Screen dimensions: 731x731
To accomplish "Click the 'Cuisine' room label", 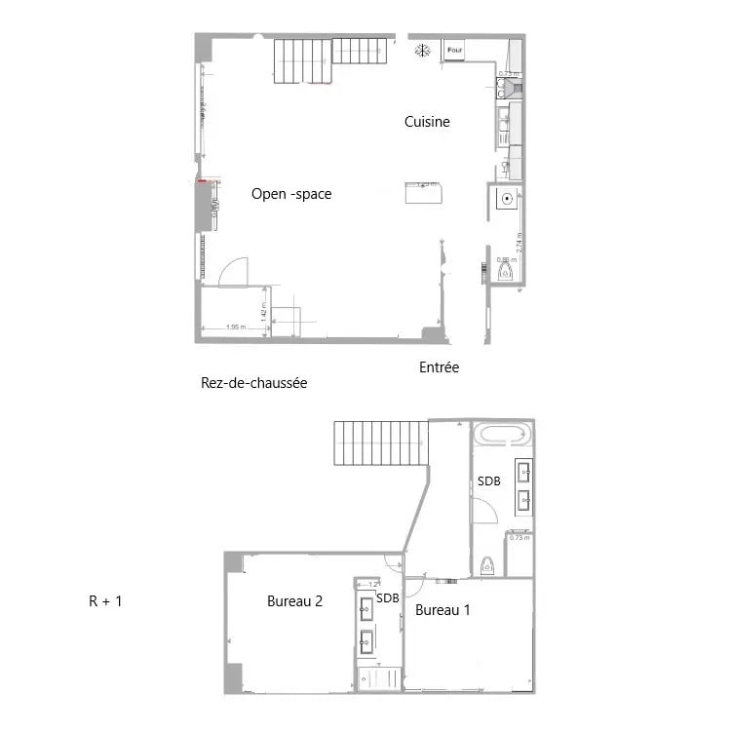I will click(x=427, y=122).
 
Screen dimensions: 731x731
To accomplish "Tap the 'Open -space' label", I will click(x=291, y=194).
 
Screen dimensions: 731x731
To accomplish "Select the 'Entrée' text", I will click(x=439, y=367).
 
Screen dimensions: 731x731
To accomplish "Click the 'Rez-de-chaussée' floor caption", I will click(x=253, y=383).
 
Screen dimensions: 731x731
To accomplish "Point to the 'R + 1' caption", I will click(x=105, y=601).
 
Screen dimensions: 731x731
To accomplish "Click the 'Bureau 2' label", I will click(x=294, y=601).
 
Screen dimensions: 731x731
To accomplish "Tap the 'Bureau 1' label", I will click(x=442, y=611).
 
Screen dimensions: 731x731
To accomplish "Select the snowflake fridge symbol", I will click(x=422, y=50).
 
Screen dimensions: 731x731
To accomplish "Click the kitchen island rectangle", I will click(x=424, y=193).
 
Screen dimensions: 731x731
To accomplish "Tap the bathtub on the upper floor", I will click(x=502, y=435).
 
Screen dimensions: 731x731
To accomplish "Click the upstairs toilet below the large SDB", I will click(x=487, y=565).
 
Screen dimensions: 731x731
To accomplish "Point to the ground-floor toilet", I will click(x=506, y=272).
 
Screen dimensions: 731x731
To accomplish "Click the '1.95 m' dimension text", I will click(x=234, y=327).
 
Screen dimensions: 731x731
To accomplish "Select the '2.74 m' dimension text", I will click(x=520, y=242).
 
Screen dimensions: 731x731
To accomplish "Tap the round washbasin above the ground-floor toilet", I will click(x=507, y=200).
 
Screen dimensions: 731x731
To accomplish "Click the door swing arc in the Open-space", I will click(x=234, y=272).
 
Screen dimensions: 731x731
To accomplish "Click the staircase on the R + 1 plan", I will click(x=380, y=443).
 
